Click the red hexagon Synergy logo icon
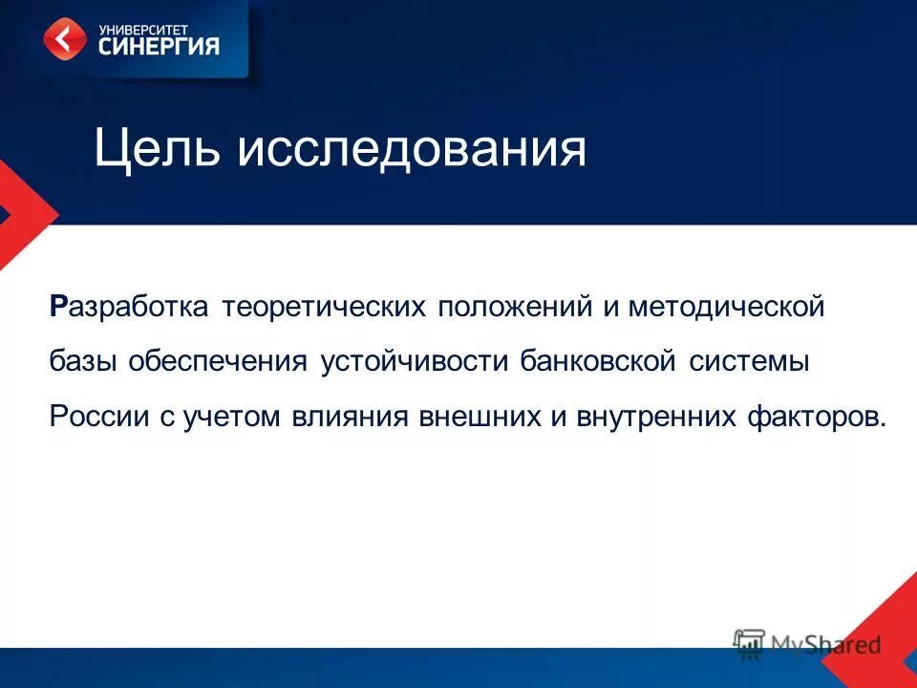tap(64, 39)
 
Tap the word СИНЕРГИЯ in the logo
tap(160, 46)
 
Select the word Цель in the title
tap(157, 150)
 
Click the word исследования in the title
tap(412, 150)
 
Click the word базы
tap(84, 362)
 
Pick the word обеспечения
tap(218, 362)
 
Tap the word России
tap(96, 417)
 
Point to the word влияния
tap(347, 417)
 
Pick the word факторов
tap(816, 417)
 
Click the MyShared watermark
tap(807, 645)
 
